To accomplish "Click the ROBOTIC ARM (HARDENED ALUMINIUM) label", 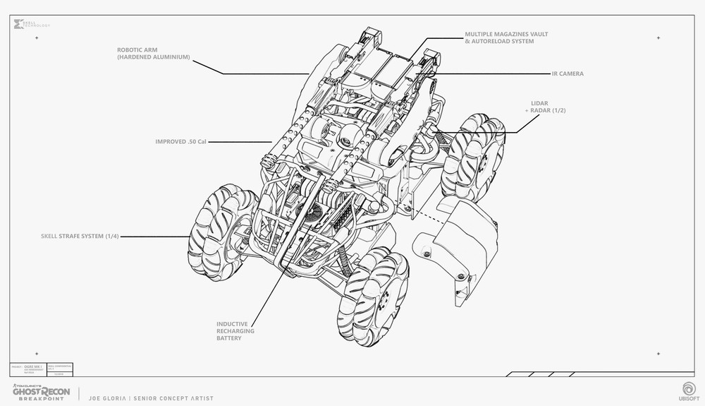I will pos(154,53).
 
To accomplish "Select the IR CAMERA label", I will pos(567,73).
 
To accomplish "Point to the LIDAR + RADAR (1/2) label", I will pos(547,107).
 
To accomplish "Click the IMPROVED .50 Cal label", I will pos(180,141).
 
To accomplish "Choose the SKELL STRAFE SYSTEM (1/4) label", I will pos(80,237).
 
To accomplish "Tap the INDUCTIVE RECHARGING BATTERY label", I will pos(235,331).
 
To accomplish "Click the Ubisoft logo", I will pos(687,390).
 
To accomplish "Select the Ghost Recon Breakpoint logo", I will pos(42,390).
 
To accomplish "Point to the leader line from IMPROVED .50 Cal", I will pos(240,141).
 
